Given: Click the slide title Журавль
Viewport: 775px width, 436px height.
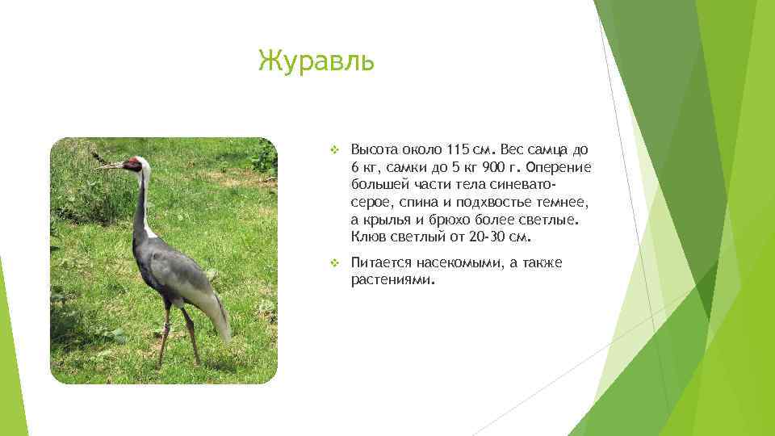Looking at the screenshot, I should (x=316, y=61).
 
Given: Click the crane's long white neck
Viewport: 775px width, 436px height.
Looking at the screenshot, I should (x=141, y=202).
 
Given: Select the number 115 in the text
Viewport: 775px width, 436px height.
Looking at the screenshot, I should (x=457, y=150).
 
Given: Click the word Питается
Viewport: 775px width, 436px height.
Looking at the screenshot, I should (x=381, y=263).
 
